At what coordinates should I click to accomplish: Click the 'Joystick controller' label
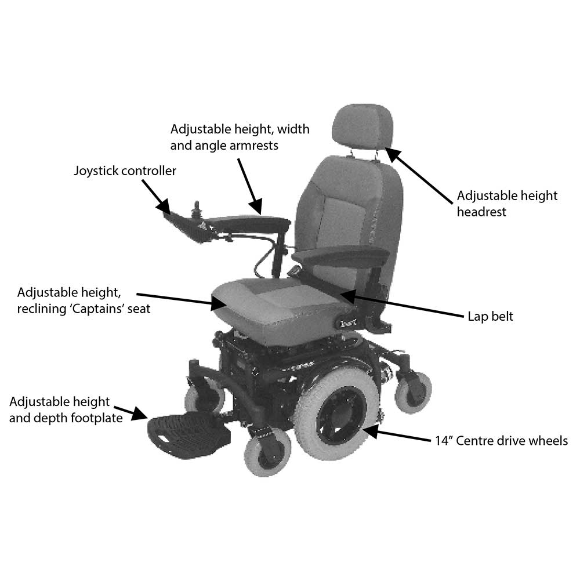coord(125,171)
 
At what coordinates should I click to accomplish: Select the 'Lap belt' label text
coord(490,317)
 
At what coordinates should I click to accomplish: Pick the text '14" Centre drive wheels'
coord(501,441)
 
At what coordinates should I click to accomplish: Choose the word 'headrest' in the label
coord(481,212)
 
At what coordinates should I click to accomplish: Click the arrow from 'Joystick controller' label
coord(156,197)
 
